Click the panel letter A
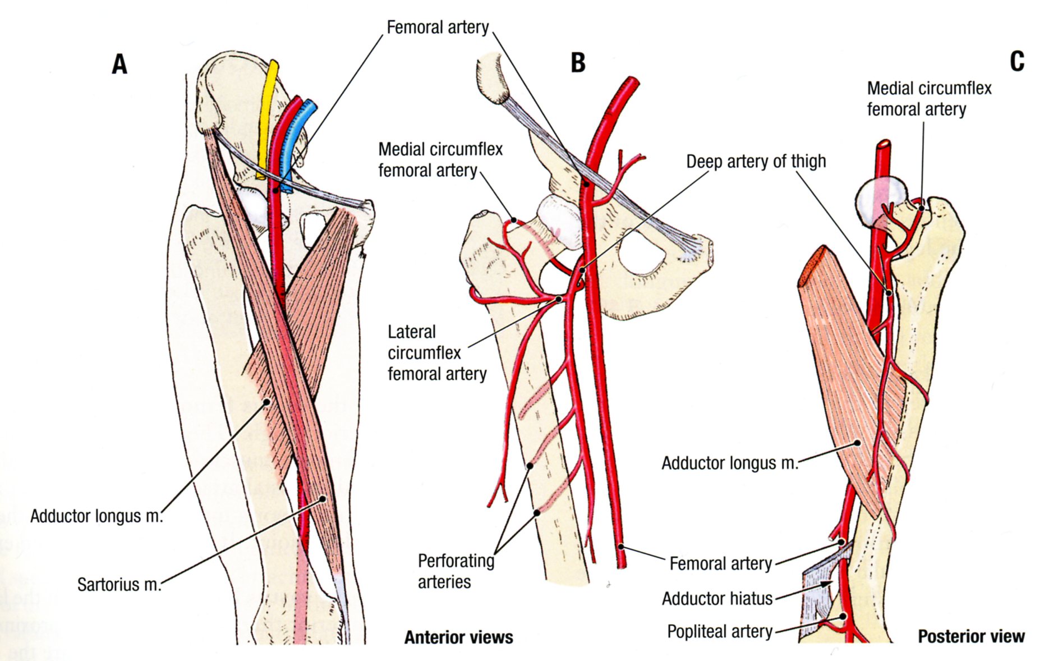(x=119, y=65)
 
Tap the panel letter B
(x=578, y=63)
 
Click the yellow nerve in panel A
(x=268, y=112)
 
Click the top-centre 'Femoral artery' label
(x=438, y=27)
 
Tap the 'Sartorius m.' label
(x=119, y=585)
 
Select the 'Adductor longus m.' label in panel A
(x=96, y=516)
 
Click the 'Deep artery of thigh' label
(x=756, y=162)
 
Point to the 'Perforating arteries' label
(x=456, y=571)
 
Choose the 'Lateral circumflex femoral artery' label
(x=436, y=353)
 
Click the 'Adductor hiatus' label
(x=717, y=599)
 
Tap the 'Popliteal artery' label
(x=719, y=632)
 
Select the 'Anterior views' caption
(x=458, y=637)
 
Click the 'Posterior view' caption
(x=971, y=636)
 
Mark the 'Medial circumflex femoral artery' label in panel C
(x=929, y=99)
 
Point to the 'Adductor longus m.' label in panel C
(x=729, y=463)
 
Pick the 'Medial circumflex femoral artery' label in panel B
(x=440, y=160)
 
